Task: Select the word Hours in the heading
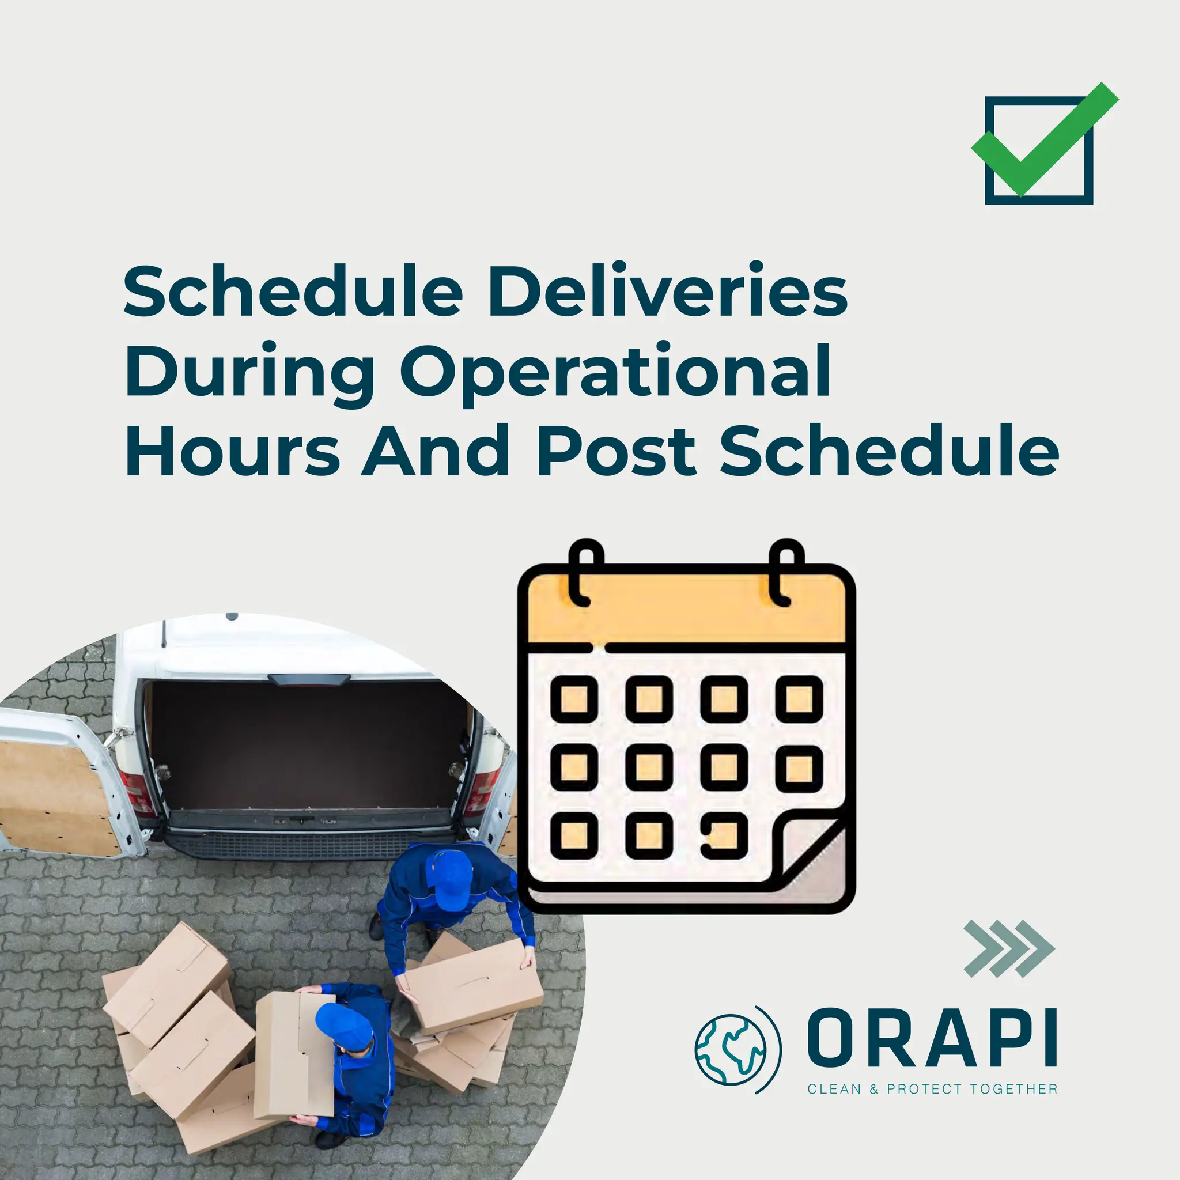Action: [232, 452]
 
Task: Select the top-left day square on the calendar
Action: [574, 699]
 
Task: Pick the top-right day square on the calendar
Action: [799, 699]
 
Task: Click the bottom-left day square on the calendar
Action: [574, 835]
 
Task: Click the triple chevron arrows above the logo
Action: [1008, 948]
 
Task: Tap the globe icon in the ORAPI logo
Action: [731, 1049]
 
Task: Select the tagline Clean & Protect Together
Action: [932, 1089]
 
